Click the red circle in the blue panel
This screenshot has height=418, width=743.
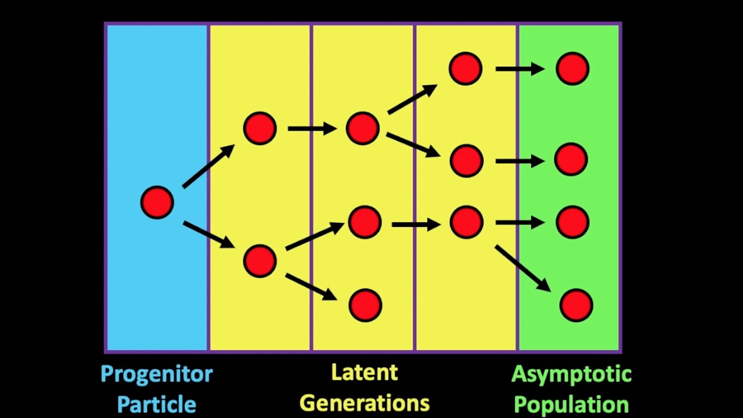157,203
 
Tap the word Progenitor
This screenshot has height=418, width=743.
157,375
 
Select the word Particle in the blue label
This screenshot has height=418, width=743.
157,405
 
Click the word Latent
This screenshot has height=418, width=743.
365,372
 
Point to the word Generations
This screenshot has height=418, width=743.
365,403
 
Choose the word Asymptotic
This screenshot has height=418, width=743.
571,375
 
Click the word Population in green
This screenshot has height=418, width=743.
571,405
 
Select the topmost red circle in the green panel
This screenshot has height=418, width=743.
572,69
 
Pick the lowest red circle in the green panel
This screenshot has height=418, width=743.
576,305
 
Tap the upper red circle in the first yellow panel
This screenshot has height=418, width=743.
259,128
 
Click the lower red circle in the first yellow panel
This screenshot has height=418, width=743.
259,261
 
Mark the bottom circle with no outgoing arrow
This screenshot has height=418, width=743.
365,305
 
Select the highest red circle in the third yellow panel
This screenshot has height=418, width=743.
466,69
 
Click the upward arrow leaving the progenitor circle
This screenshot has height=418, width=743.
208,166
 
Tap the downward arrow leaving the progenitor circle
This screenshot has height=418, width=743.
209,234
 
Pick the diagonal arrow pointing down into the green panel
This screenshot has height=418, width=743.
523,269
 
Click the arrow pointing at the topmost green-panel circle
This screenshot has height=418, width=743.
520,69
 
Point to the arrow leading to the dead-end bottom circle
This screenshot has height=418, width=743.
311,287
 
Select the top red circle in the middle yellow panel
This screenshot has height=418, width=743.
363,128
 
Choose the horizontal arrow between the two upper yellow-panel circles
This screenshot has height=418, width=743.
312,128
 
